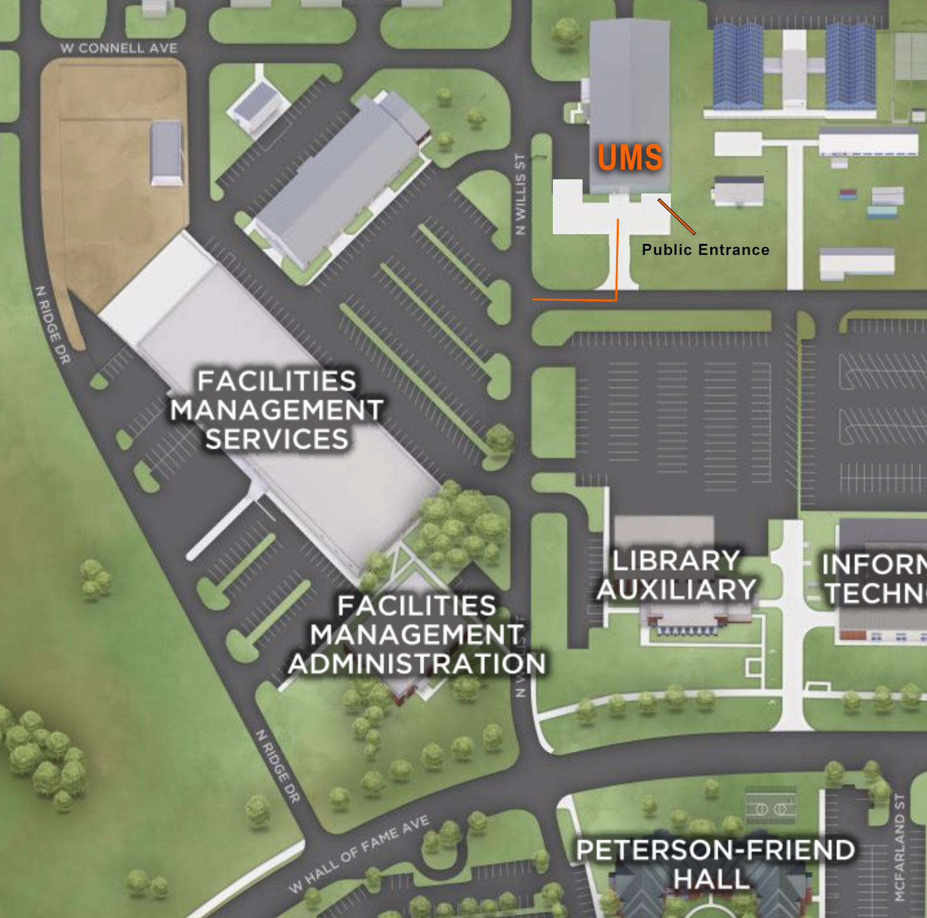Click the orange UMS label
tap(630, 158)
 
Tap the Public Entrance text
tap(705, 250)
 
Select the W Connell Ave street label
tap(119, 48)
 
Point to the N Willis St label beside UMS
tap(521, 194)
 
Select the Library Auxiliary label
tap(675, 575)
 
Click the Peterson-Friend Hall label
tap(715, 864)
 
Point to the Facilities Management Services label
tap(277, 410)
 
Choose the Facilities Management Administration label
tap(417, 635)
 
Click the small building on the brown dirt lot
tap(166, 153)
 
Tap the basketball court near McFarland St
tap(770, 808)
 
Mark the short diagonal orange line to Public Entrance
tap(676, 217)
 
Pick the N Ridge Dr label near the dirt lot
tap(52, 324)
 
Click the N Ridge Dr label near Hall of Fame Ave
tap(278, 766)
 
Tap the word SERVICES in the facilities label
tap(277, 439)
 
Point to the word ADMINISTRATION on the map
tap(417, 664)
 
